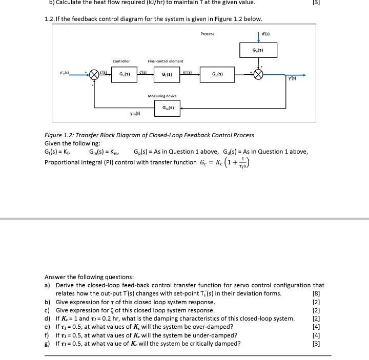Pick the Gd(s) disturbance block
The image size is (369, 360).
pos(258,50)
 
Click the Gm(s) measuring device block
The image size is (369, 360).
pos(168,108)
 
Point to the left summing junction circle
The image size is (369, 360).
pos(94,75)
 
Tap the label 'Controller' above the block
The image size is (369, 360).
pos(121,61)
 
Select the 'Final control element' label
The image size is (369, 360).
pos(165,61)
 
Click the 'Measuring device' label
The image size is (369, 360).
pos(162,96)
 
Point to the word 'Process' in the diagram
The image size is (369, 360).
pos(208,34)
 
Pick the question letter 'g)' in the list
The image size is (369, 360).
pos(48,344)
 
